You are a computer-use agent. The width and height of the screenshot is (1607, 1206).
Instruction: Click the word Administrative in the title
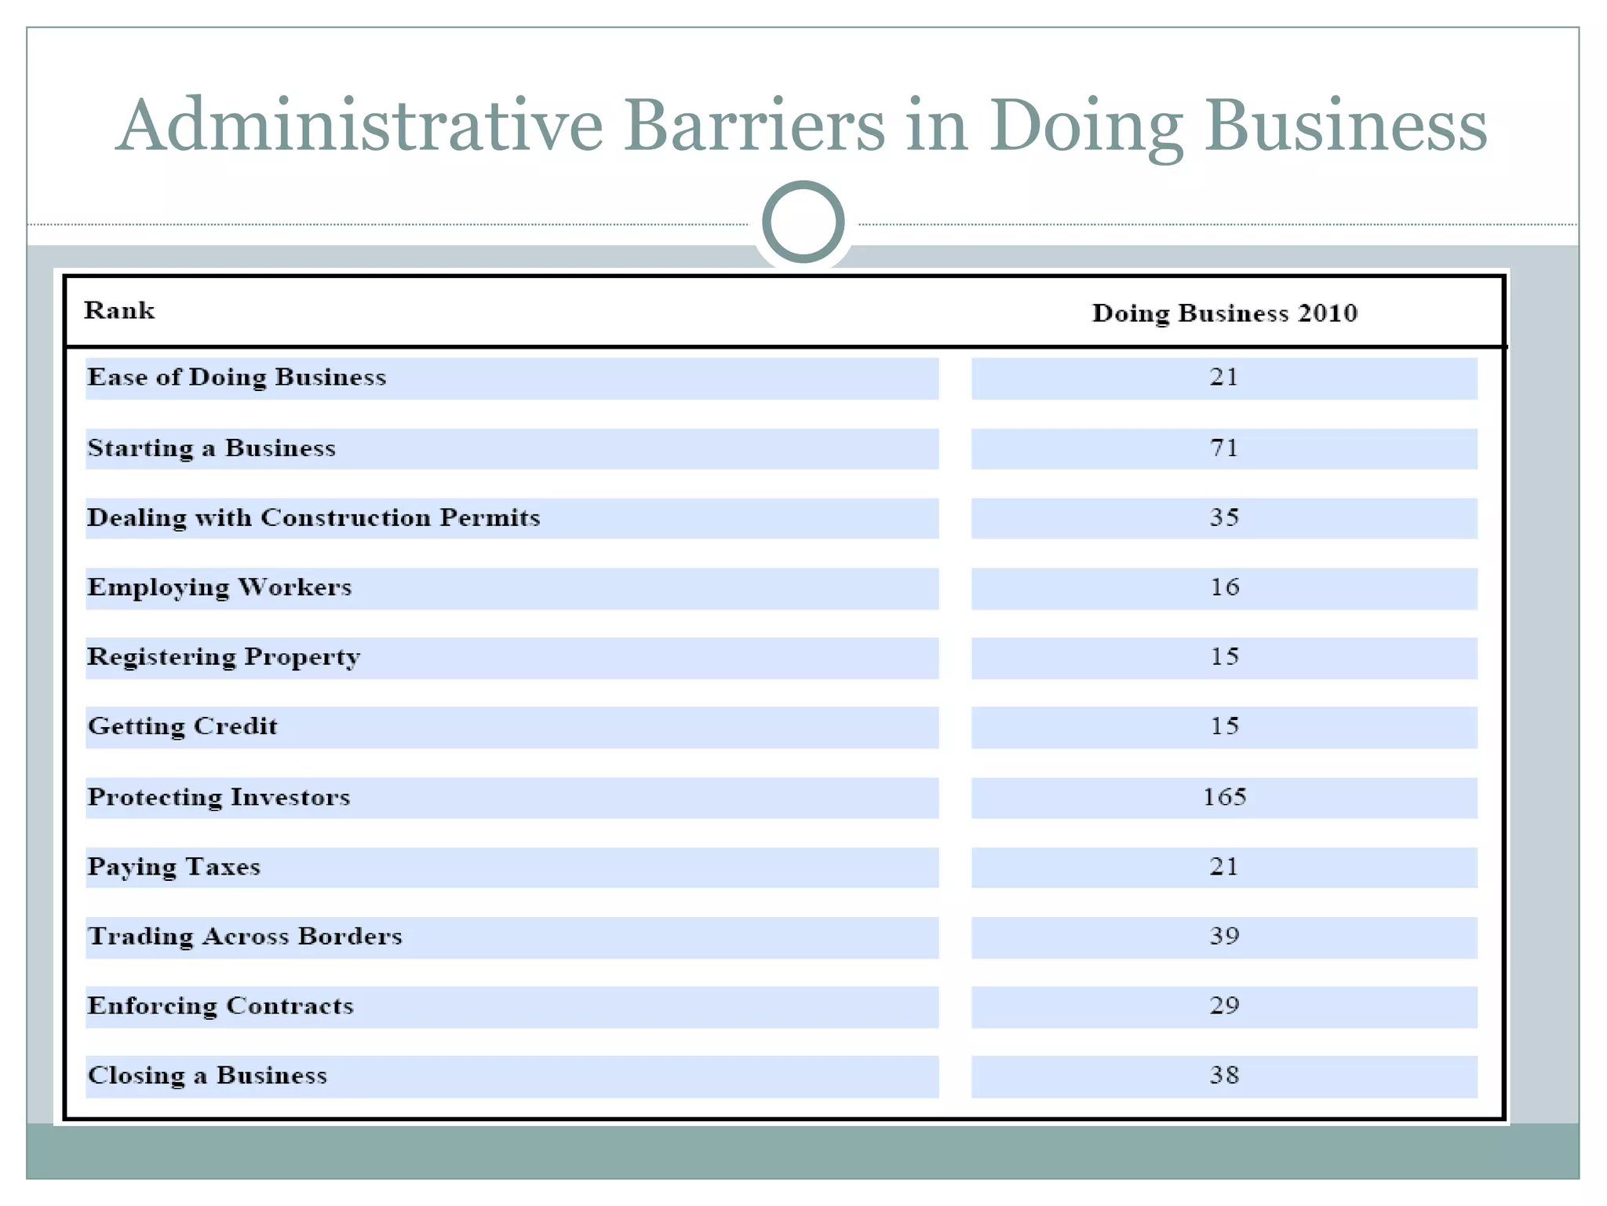359,126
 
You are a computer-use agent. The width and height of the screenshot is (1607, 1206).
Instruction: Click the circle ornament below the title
803,222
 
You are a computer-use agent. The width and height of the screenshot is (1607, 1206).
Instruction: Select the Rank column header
119,311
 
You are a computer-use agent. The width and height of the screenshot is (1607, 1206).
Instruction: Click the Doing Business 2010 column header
1224,313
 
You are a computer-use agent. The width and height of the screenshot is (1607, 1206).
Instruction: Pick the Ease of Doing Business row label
236,378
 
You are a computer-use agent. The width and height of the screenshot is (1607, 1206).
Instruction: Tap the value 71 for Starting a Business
1224,448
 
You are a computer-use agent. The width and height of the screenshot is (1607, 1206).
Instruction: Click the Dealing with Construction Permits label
313,518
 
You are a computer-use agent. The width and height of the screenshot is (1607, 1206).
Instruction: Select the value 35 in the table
1224,517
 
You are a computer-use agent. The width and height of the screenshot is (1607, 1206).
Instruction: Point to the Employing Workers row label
219,588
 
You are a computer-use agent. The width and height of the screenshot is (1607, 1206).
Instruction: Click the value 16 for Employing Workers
1224,587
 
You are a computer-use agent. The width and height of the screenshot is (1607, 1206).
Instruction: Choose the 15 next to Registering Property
1224,656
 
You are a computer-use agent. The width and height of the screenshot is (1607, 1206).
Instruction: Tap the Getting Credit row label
182,726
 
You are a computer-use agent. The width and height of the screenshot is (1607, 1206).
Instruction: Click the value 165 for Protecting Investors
1224,797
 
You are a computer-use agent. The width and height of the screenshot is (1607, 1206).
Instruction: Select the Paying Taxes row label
173,867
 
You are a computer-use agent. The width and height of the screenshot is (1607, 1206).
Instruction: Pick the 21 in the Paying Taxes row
1224,867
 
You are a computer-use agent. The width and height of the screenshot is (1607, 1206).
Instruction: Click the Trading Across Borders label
244,937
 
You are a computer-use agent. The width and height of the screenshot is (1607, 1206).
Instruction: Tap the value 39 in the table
1224,936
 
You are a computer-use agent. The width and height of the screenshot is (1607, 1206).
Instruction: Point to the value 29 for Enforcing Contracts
1224,1006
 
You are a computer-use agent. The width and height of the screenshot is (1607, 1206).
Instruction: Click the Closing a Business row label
207,1076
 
